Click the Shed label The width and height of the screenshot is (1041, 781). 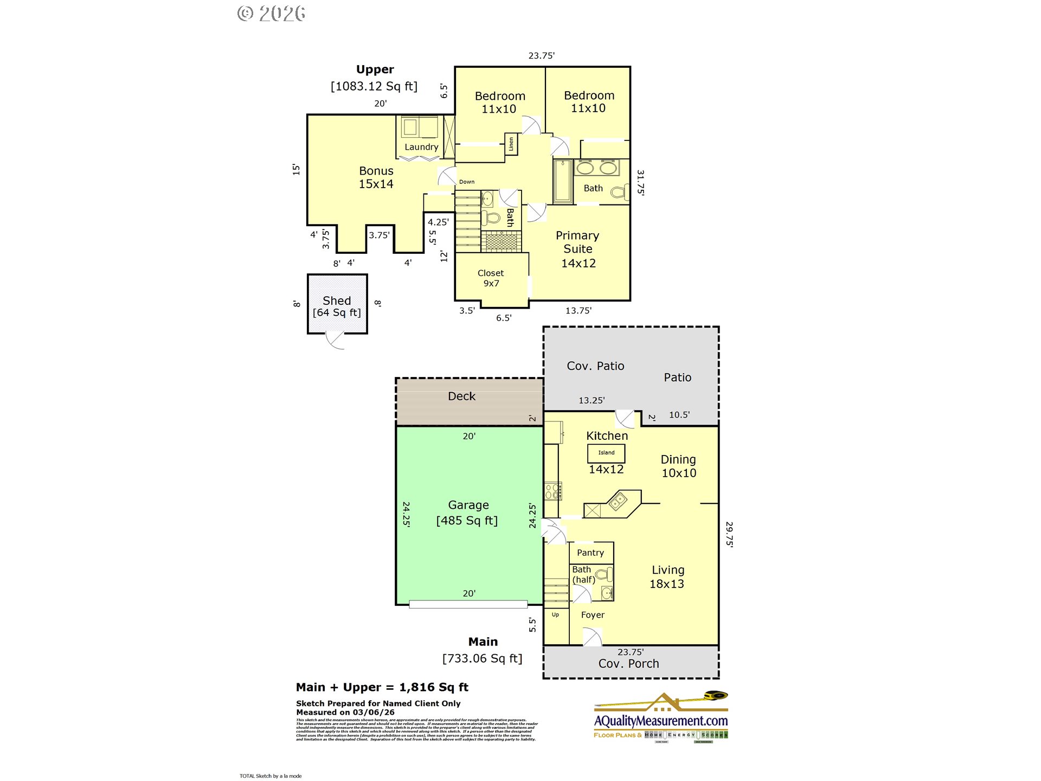click(x=337, y=300)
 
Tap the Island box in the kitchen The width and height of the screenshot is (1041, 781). click(x=606, y=453)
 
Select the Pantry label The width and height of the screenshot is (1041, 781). click(x=590, y=553)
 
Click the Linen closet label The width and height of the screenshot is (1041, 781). click(x=511, y=144)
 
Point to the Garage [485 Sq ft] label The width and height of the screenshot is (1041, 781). click(x=467, y=513)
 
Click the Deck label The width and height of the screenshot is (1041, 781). click(x=461, y=396)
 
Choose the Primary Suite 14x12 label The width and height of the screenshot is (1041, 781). click(x=578, y=249)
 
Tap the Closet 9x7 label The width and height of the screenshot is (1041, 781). click(x=491, y=278)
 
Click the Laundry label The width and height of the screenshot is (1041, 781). click(x=421, y=147)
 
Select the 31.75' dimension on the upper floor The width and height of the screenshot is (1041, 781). click(x=640, y=182)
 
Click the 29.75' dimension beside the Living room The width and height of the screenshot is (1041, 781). click(x=729, y=534)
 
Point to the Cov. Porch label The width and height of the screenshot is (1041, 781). click(x=629, y=664)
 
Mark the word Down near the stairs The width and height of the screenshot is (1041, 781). click(x=466, y=182)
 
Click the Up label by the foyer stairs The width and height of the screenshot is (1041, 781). click(x=555, y=614)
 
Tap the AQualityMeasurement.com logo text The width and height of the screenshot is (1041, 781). click(x=660, y=721)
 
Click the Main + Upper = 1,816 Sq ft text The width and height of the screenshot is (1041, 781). click(x=382, y=687)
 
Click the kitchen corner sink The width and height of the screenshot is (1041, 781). click(x=617, y=501)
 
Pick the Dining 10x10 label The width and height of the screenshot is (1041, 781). click(x=678, y=466)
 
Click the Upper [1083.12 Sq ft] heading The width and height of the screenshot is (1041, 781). click(x=375, y=78)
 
